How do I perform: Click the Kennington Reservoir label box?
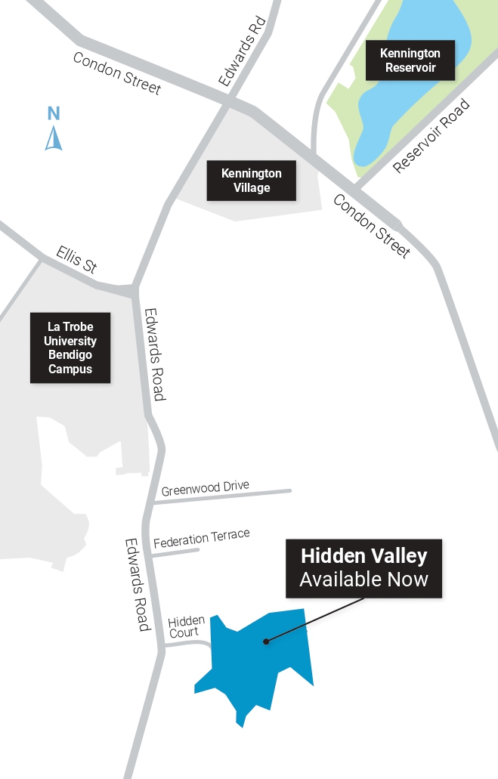(410, 60)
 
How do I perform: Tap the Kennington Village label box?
(251, 181)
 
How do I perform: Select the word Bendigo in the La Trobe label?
(70, 355)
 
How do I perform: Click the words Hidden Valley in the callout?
(363, 557)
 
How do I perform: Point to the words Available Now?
(363, 580)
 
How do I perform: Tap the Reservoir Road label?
(431, 137)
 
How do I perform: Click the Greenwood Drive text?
(205, 487)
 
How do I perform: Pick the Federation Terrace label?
(201, 539)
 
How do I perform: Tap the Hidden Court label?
(186, 626)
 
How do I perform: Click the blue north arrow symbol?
(53, 138)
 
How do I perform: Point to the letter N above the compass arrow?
(54, 114)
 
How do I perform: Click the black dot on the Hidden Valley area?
(265, 642)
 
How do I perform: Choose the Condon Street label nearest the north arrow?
(117, 73)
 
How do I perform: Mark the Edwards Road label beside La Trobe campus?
(154, 354)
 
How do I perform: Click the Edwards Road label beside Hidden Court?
(138, 584)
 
